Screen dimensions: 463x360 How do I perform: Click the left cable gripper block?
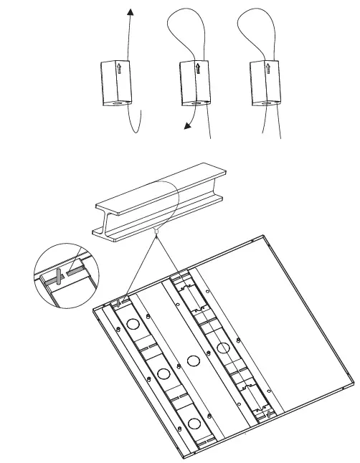tap(115, 82)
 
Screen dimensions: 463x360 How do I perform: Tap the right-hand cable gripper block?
tap(263, 82)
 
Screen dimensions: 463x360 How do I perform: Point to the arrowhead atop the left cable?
tap(130, 12)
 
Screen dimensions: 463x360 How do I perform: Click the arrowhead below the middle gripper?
tap(186, 127)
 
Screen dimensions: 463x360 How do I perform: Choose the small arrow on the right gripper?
tap(267, 69)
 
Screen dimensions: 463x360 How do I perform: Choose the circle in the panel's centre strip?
tap(191, 361)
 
